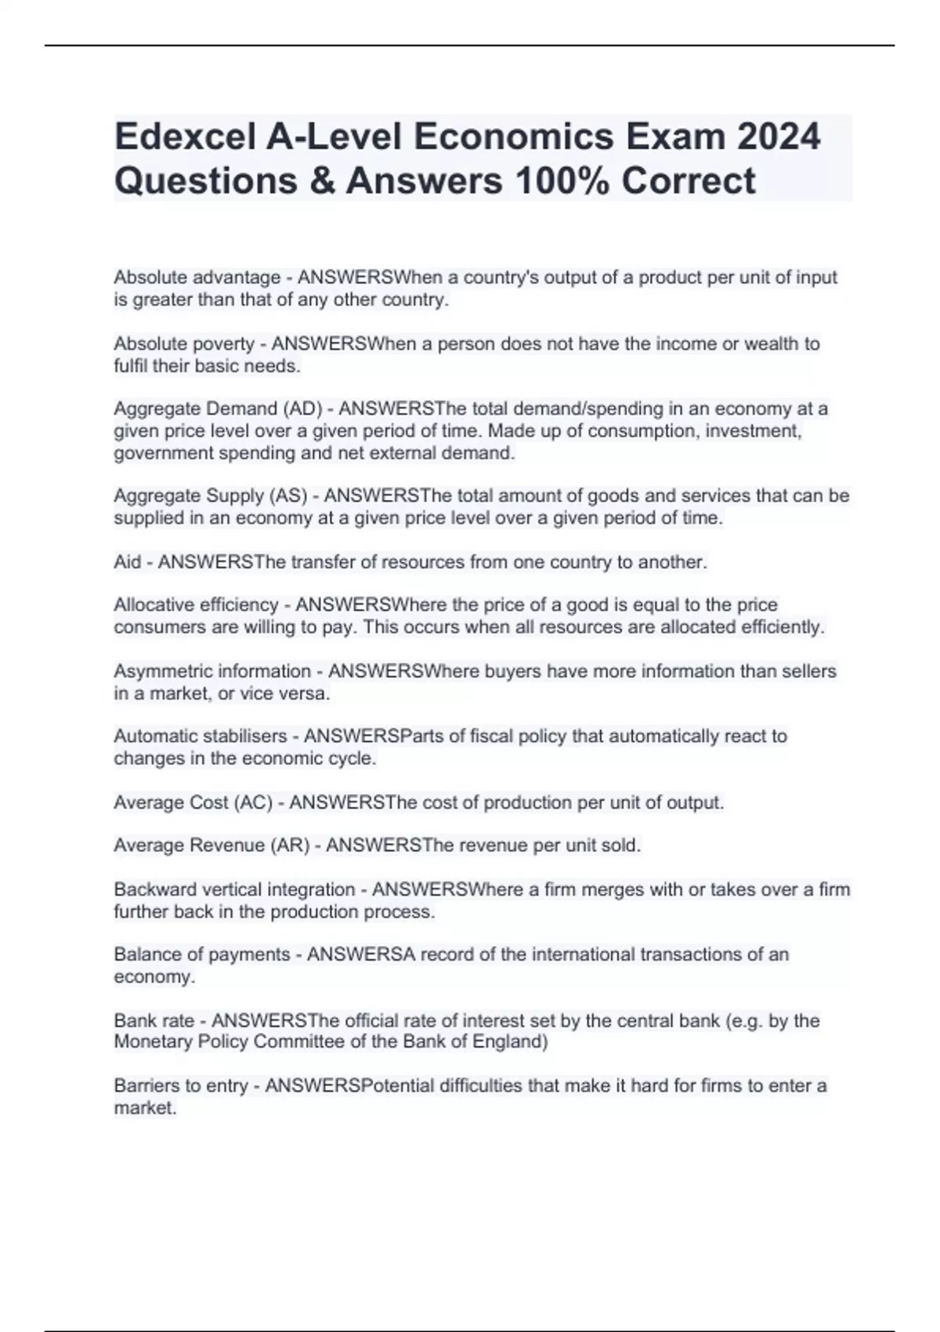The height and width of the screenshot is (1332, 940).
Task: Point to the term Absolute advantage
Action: click(197, 277)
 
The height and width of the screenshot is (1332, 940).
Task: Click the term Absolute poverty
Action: click(184, 344)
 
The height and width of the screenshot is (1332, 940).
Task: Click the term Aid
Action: click(127, 563)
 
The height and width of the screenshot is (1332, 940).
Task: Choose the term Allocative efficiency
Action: click(196, 605)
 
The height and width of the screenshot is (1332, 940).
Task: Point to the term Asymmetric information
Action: click(211, 671)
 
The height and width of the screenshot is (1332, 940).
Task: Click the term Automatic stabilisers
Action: click(200, 737)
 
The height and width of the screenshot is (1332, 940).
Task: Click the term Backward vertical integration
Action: click(234, 890)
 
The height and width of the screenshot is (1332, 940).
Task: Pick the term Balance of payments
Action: click(201, 955)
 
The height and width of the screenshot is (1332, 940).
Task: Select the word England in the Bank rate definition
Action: click(514, 1042)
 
